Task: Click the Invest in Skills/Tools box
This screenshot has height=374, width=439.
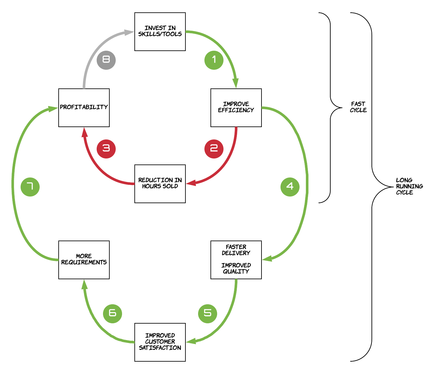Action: coord(160,32)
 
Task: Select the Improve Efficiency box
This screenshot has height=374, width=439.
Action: coord(236,108)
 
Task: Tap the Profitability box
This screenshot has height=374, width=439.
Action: coord(84,108)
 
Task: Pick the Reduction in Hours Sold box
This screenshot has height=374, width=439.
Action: coord(160,184)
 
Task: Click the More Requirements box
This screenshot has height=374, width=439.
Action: coord(84,260)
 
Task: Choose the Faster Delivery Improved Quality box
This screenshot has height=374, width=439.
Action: coord(236,260)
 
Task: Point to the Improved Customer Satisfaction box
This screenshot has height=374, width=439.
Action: coord(160,342)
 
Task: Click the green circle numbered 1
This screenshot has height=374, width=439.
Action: coord(214,60)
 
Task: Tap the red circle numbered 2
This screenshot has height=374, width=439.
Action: coord(214,149)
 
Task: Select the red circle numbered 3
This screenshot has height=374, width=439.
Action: coord(106,149)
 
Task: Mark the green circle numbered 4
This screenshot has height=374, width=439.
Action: coord(290,187)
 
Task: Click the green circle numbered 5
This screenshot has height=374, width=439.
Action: coord(208,313)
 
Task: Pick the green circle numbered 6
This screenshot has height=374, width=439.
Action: coord(113,313)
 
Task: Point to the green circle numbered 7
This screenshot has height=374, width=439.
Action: coord(30,187)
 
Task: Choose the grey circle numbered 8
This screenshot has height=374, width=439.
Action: coord(106,60)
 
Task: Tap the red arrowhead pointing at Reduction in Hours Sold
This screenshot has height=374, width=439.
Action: coord(191,183)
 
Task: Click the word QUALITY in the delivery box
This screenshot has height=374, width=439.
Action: coord(236,272)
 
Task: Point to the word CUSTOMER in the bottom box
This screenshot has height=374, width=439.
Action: coord(160,342)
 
